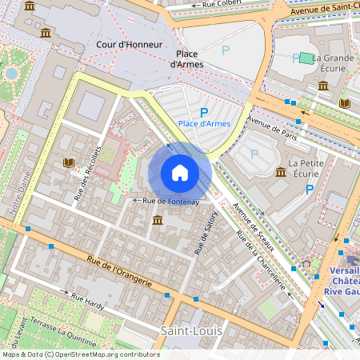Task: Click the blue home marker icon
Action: (x=180, y=173)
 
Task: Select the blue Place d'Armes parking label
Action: (x=204, y=123)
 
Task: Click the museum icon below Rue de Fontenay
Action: (x=158, y=220)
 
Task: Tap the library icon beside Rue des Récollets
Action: (x=69, y=163)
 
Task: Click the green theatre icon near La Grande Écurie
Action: (x=306, y=58)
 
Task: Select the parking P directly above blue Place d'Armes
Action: (x=204, y=112)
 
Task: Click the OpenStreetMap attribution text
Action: (x=80, y=354)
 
